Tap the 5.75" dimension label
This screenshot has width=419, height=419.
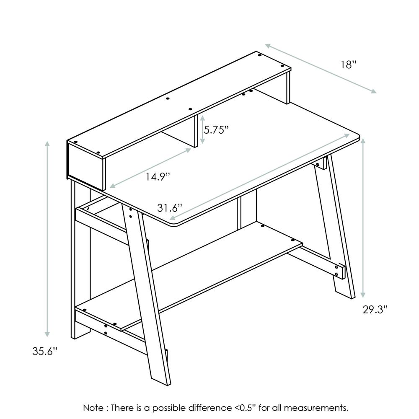pyautogui.click(x=216, y=130)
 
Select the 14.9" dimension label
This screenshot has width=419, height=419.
pyautogui.click(x=158, y=176)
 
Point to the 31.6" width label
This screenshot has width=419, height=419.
pyautogui.click(x=170, y=207)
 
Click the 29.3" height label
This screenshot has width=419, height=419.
pyautogui.click(x=375, y=310)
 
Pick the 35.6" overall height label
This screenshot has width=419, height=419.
pyautogui.click(x=44, y=351)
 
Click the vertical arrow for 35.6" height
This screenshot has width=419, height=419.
pyautogui.click(x=47, y=239)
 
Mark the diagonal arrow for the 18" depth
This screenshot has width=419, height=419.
pyautogui.click(x=321, y=68)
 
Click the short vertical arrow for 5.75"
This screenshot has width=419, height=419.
pyautogui.click(x=202, y=130)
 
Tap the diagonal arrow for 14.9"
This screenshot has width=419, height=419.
pyautogui.click(x=150, y=167)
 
